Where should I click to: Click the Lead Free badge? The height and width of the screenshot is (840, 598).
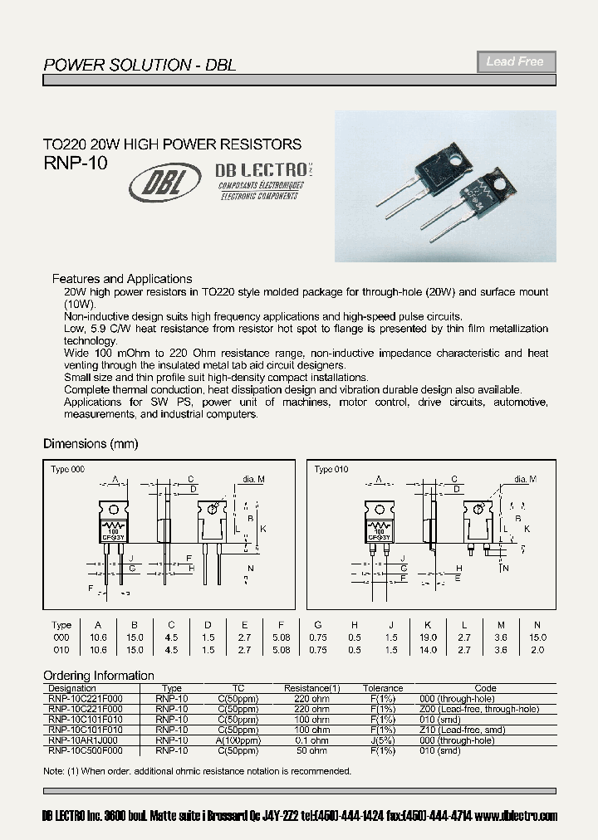(515, 61)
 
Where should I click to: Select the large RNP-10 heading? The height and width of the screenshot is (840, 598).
(75, 164)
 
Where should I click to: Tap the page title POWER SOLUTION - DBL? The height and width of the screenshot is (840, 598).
(140, 64)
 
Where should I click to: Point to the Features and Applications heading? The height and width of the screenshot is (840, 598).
(122, 279)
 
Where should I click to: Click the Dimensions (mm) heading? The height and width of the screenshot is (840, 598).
(91, 443)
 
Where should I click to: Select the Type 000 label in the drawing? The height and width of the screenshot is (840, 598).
(67, 470)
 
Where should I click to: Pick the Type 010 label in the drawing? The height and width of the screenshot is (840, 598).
(331, 470)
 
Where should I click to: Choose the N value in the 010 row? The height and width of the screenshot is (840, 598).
(537, 650)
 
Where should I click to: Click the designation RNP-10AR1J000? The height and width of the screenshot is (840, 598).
(83, 740)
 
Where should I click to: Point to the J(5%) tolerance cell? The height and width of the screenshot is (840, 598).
(383, 740)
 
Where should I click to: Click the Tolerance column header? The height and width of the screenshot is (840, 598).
(383, 688)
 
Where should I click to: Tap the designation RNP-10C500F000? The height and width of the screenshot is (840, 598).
(84, 750)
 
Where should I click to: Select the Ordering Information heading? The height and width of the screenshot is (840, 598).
(99, 676)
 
